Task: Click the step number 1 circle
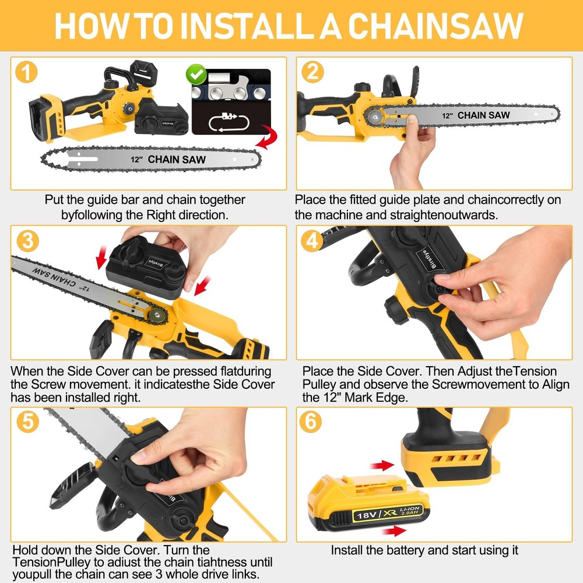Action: pos(26,72)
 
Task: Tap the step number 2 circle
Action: pos(312,72)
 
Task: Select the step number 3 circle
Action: pos(28,241)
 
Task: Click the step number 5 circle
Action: pos(28,422)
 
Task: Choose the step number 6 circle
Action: pos(311,422)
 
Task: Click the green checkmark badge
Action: pos(196,74)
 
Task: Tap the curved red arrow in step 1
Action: pos(267,137)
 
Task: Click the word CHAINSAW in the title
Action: pos(436,26)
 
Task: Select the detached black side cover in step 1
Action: pos(161,120)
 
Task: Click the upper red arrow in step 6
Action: pos(382,465)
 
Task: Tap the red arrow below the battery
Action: pos(394,531)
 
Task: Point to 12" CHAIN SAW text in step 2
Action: pos(476,115)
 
